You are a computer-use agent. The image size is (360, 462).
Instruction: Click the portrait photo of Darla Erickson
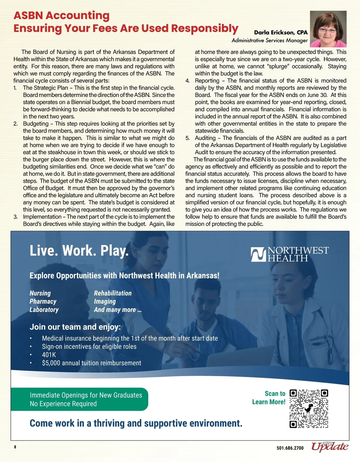point(328,29)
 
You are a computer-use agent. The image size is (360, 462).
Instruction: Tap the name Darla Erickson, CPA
point(281,32)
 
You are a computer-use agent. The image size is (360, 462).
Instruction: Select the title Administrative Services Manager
point(269,40)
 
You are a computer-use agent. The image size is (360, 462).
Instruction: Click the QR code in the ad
point(309,409)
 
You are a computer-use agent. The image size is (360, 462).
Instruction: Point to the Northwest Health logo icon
point(258,254)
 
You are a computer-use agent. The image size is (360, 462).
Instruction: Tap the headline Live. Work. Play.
point(79,251)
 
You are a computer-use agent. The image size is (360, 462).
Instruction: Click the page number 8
point(15,447)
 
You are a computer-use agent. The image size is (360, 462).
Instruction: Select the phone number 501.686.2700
point(290,448)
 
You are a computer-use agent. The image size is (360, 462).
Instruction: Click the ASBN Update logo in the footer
point(329,447)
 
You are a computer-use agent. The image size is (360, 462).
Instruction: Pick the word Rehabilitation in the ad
point(113,293)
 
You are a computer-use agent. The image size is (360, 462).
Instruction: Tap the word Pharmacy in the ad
point(43,301)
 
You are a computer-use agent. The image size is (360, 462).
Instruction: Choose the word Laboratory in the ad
point(44,310)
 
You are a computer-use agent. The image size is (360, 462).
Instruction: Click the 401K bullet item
point(49,355)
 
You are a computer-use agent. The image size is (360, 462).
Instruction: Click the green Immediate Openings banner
point(79,399)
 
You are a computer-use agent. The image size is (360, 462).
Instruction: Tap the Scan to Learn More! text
point(269,398)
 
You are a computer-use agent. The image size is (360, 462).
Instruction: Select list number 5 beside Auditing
point(187,138)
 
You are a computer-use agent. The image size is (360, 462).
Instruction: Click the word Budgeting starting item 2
point(36,124)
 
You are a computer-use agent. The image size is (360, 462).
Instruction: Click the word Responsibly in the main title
point(205,28)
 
